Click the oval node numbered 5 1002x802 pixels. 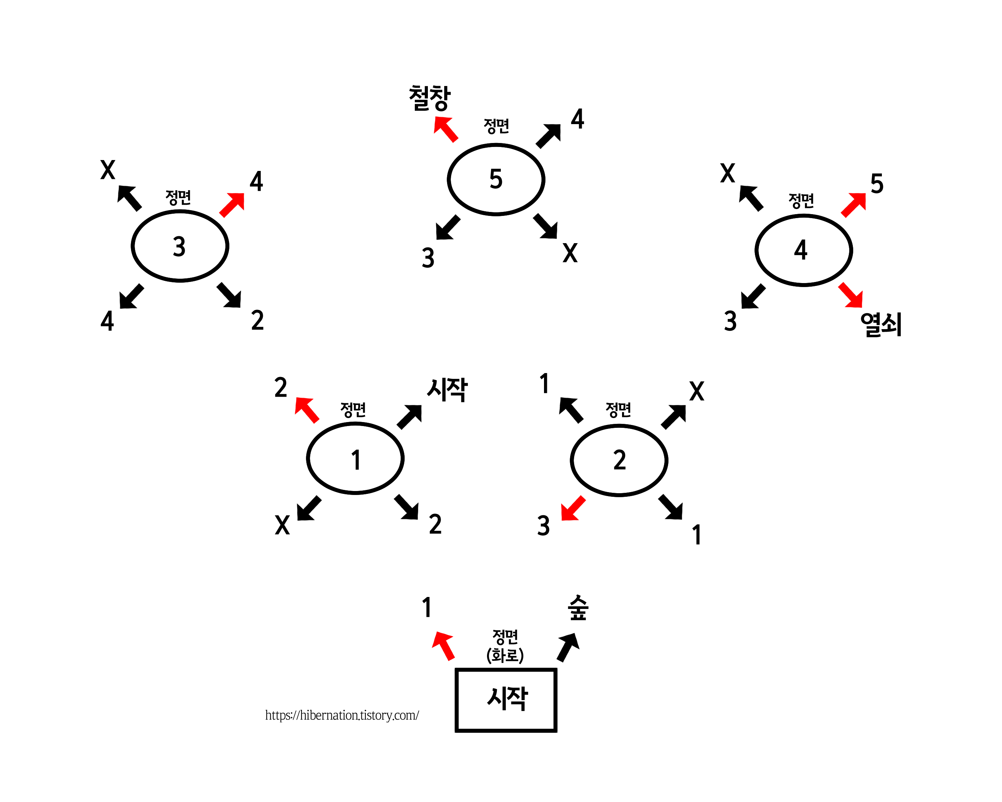click(x=496, y=179)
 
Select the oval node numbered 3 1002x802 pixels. click(x=180, y=246)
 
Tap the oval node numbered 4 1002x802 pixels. click(x=803, y=250)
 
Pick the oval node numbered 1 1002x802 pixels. click(x=355, y=458)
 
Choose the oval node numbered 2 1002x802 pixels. click(x=619, y=460)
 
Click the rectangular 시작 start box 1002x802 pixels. click(x=506, y=700)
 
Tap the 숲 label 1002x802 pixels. click(x=578, y=608)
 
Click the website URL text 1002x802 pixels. click(x=342, y=715)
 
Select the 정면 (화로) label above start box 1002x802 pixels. click(x=505, y=646)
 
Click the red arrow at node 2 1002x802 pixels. click(x=573, y=509)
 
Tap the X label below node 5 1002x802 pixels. click(x=570, y=253)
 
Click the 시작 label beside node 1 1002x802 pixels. click(x=447, y=389)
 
